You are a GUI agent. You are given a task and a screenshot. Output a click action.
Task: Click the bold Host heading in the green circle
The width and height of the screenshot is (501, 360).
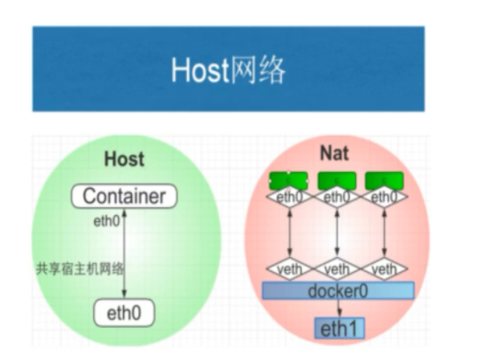(x=124, y=159)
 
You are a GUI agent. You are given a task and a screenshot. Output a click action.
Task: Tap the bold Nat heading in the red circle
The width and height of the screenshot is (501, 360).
(x=335, y=152)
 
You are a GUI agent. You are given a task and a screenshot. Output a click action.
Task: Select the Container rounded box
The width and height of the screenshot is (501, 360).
(x=124, y=197)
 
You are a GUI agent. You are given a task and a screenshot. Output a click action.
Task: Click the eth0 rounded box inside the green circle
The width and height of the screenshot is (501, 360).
(x=124, y=314)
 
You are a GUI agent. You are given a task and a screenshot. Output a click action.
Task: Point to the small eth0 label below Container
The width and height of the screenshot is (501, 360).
(x=106, y=221)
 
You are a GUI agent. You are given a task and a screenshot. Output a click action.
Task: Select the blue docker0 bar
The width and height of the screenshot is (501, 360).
(x=338, y=290)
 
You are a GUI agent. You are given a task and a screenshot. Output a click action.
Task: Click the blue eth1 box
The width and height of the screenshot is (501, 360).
(x=339, y=328)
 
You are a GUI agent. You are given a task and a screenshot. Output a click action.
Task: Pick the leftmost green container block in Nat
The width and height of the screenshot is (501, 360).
(x=288, y=181)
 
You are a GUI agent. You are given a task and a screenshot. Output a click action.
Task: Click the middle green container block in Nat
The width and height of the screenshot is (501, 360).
(x=336, y=181)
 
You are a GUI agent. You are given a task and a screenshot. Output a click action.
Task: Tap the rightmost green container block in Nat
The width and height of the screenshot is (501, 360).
(x=384, y=181)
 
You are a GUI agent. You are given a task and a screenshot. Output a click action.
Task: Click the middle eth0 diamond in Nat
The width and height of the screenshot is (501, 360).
(x=337, y=198)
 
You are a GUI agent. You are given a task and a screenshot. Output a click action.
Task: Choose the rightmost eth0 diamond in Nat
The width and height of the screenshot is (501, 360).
(x=384, y=198)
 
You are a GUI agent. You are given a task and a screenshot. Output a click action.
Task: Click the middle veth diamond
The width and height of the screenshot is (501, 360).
(x=337, y=269)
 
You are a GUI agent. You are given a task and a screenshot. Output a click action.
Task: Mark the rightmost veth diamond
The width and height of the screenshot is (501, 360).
(x=384, y=269)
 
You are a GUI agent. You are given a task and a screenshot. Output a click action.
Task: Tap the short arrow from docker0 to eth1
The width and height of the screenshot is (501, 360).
(x=339, y=309)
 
